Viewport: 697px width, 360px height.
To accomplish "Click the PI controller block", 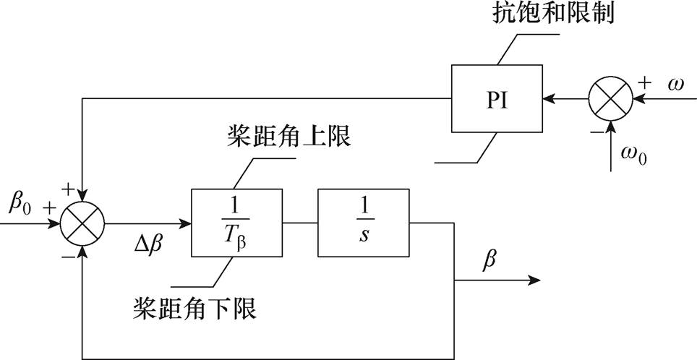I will coord(497,100).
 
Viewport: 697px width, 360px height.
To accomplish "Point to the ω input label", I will coord(675,85).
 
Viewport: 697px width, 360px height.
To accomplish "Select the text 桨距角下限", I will coord(195,309).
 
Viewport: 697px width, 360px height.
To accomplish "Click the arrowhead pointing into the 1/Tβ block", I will coord(184,223).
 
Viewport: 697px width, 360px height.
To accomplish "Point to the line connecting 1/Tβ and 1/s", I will coord(298,223).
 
